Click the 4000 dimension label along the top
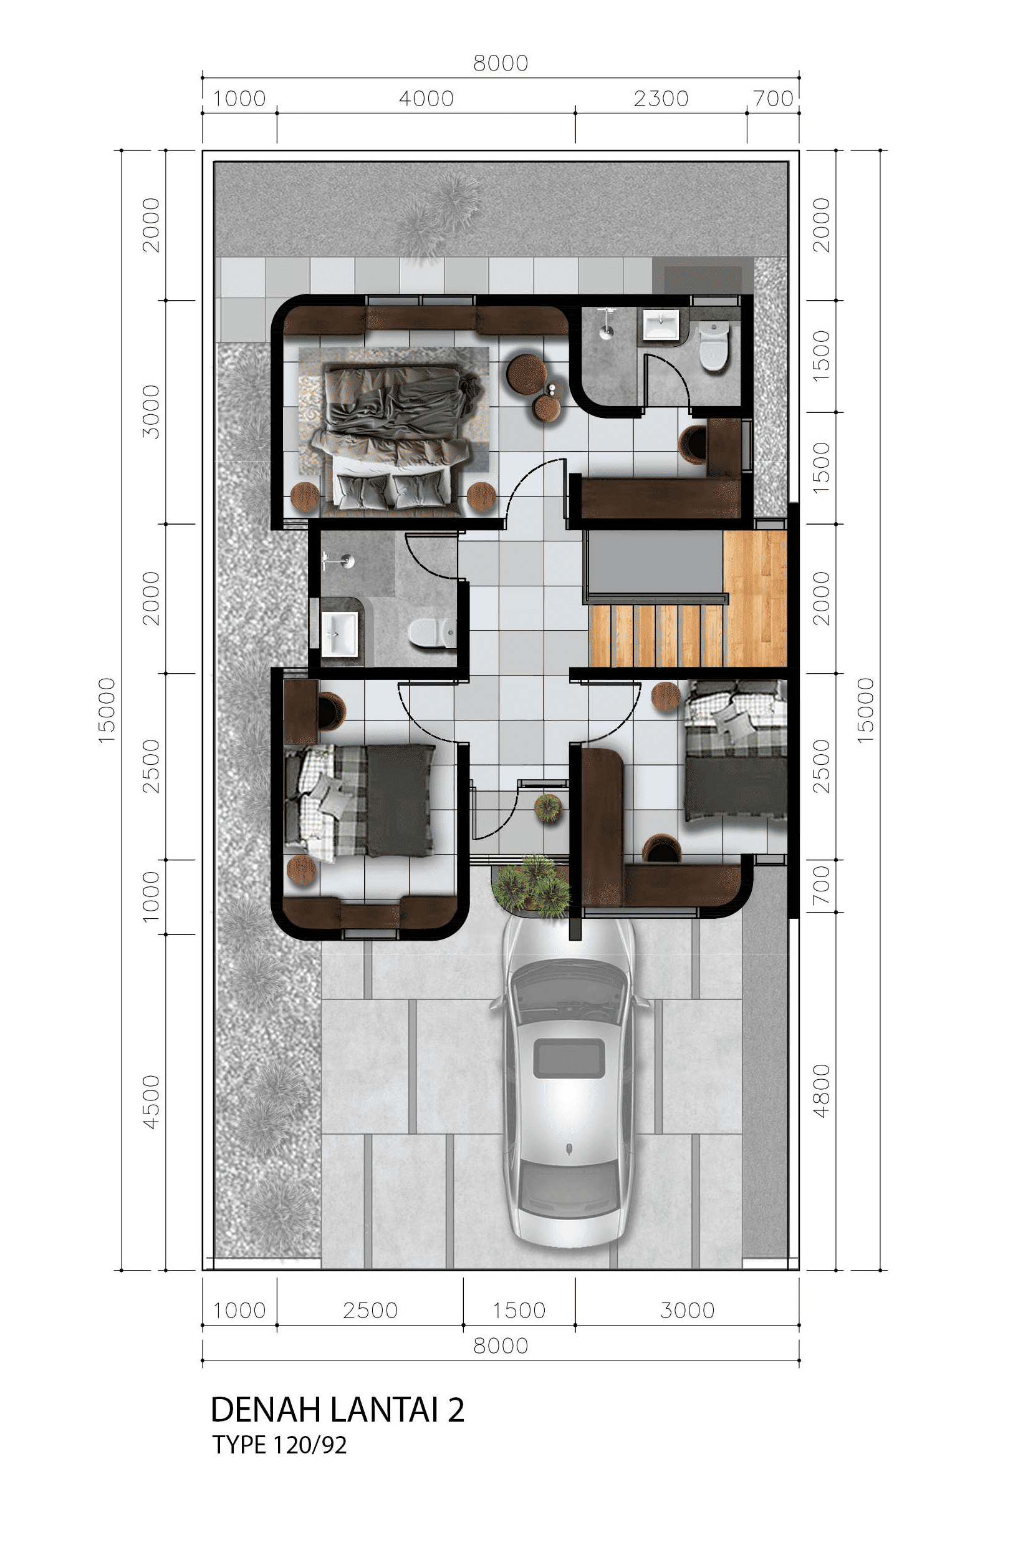pyautogui.click(x=426, y=99)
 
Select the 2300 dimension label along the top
pyautogui.click(x=661, y=99)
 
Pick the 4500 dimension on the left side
pyautogui.click(x=151, y=1102)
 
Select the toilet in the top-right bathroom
pyautogui.click(x=713, y=344)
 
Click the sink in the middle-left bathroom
pyautogui.click(x=339, y=634)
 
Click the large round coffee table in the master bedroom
pyautogui.click(x=526, y=374)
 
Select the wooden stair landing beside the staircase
pyautogui.click(x=754, y=598)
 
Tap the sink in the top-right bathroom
pyautogui.click(x=661, y=325)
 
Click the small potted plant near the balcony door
pyautogui.click(x=549, y=808)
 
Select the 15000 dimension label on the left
pyautogui.click(x=107, y=710)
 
